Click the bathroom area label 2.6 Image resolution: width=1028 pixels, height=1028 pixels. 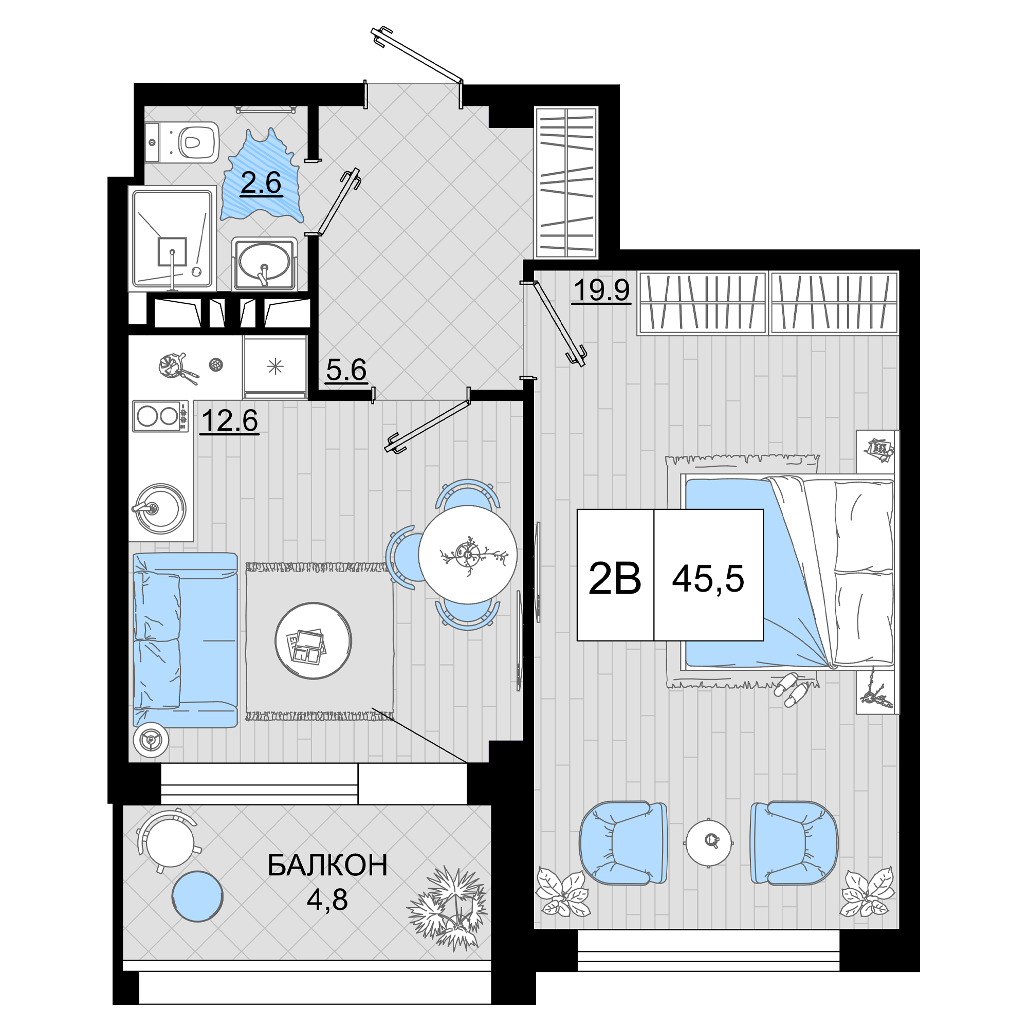[261, 183]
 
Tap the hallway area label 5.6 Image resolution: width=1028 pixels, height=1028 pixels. [346, 370]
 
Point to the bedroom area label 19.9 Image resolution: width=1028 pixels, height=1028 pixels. [601, 290]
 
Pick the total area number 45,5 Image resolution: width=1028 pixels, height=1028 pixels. [708, 579]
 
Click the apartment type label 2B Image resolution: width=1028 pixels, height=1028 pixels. [615, 579]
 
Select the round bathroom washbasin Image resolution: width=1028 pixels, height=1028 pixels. [264, 263]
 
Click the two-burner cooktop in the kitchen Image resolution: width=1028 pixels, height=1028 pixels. [160, 415]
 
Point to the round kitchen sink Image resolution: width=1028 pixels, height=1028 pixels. [160, 508]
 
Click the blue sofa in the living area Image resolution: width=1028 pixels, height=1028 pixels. [185, 639]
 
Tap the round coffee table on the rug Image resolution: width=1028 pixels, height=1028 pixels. [314, 640]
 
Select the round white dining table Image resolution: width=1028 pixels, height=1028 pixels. [468, 555]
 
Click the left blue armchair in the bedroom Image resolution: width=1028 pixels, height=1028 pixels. [623, 843]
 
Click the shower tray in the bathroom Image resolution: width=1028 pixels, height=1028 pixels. [172, 238]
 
